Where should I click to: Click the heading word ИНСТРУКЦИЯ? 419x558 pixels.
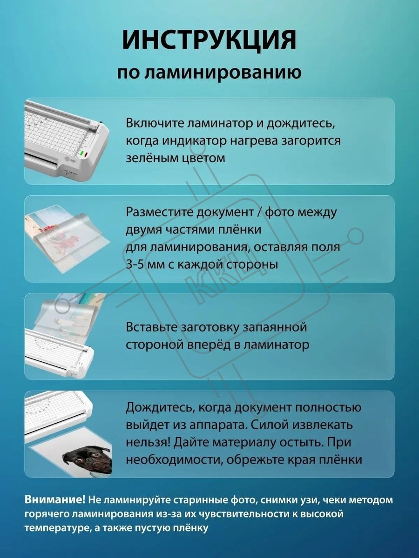coord(209,40)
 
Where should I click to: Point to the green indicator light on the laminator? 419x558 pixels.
coord(82,153)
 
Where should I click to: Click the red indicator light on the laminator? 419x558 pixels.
coord(86,154)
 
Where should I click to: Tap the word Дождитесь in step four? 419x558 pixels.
coord(160,407)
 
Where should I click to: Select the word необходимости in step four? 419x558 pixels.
coord(173,460)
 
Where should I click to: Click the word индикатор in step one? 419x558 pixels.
coord(194,140)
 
